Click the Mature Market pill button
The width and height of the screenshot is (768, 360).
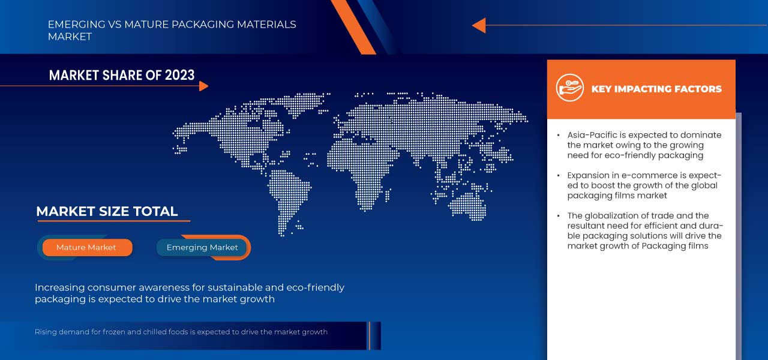tap(87, 247)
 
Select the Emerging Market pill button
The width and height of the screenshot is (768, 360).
tap(202, 247)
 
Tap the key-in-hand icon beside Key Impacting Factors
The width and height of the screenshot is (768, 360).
tap(570, 88)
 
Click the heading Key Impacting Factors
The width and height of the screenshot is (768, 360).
tap(656, 89)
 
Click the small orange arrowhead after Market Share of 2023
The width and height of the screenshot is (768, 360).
tap(203, 86)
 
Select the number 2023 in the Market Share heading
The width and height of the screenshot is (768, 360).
tap(179, 75)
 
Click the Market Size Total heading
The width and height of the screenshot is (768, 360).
tap(107, 212)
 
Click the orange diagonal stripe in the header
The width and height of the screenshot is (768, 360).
tap(353, 27)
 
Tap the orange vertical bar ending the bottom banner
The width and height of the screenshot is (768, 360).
tap(369, 335)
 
